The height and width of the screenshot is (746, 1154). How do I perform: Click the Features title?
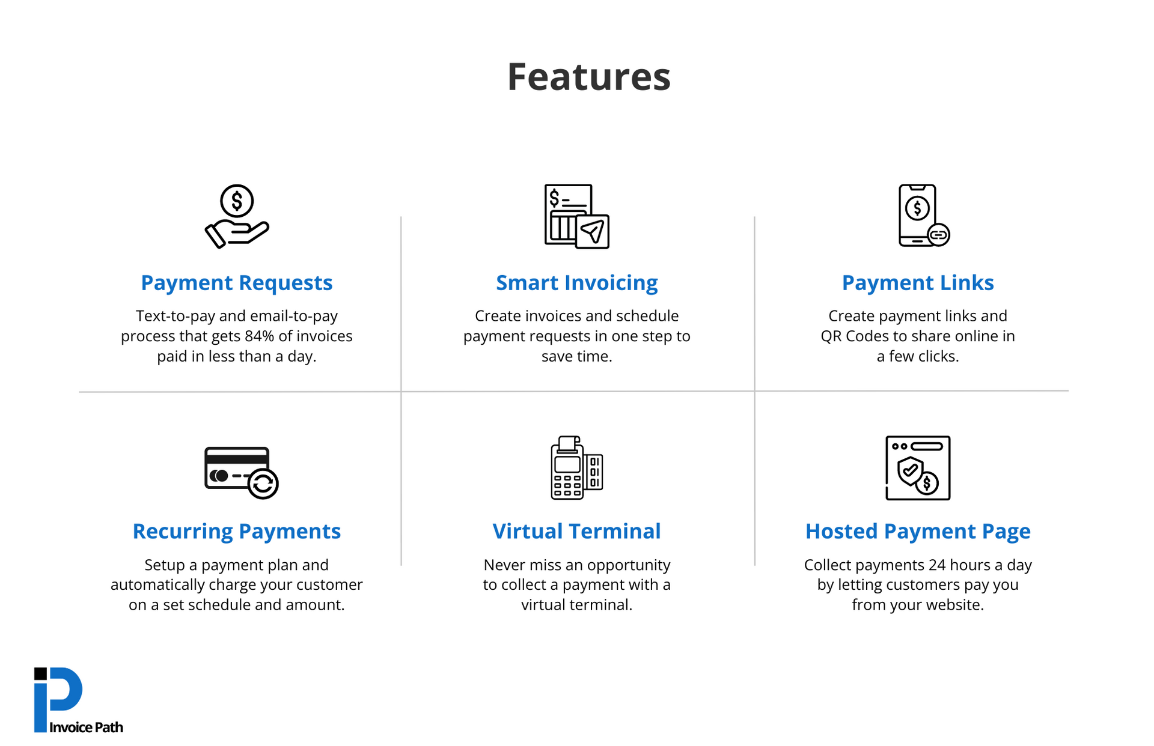(x=588, y=77)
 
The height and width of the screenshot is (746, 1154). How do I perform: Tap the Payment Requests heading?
(x=236, y=283)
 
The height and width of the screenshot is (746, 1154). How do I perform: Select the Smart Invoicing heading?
(x=576, y=283)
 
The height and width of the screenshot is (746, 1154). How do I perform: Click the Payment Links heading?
(x=917, y=283)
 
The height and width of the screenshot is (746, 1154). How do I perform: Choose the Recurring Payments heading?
(x=236, y=532)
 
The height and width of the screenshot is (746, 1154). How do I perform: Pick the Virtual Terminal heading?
(x=576, y=532)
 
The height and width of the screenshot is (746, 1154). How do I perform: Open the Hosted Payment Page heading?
(x=917, y=532)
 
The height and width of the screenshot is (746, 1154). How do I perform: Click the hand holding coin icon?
(x=237, y=216)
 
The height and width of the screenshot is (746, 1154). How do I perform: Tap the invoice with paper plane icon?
(x=576, y=216)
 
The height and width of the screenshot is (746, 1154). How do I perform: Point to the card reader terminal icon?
(x=576, y=468)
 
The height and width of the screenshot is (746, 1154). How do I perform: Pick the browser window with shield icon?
(x=917, y=468)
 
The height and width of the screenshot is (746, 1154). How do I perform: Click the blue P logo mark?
(x=59, y=697)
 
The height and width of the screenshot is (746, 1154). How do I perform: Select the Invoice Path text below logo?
(x=86, y=727)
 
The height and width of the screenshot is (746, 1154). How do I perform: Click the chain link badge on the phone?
(x=938, y=235)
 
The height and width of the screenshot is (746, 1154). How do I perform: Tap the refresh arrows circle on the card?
(x=263, y=484)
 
